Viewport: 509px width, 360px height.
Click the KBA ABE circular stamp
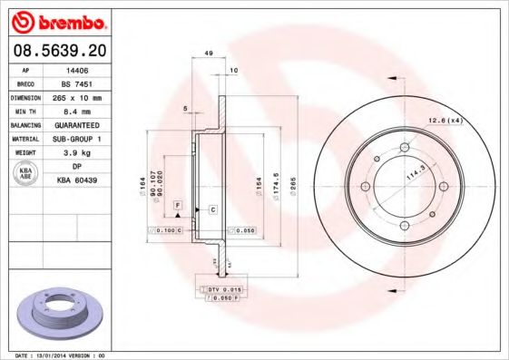pyautogui.click(x=26, y=173)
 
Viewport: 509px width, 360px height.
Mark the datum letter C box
pyautogui.click(x=211, y=209)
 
